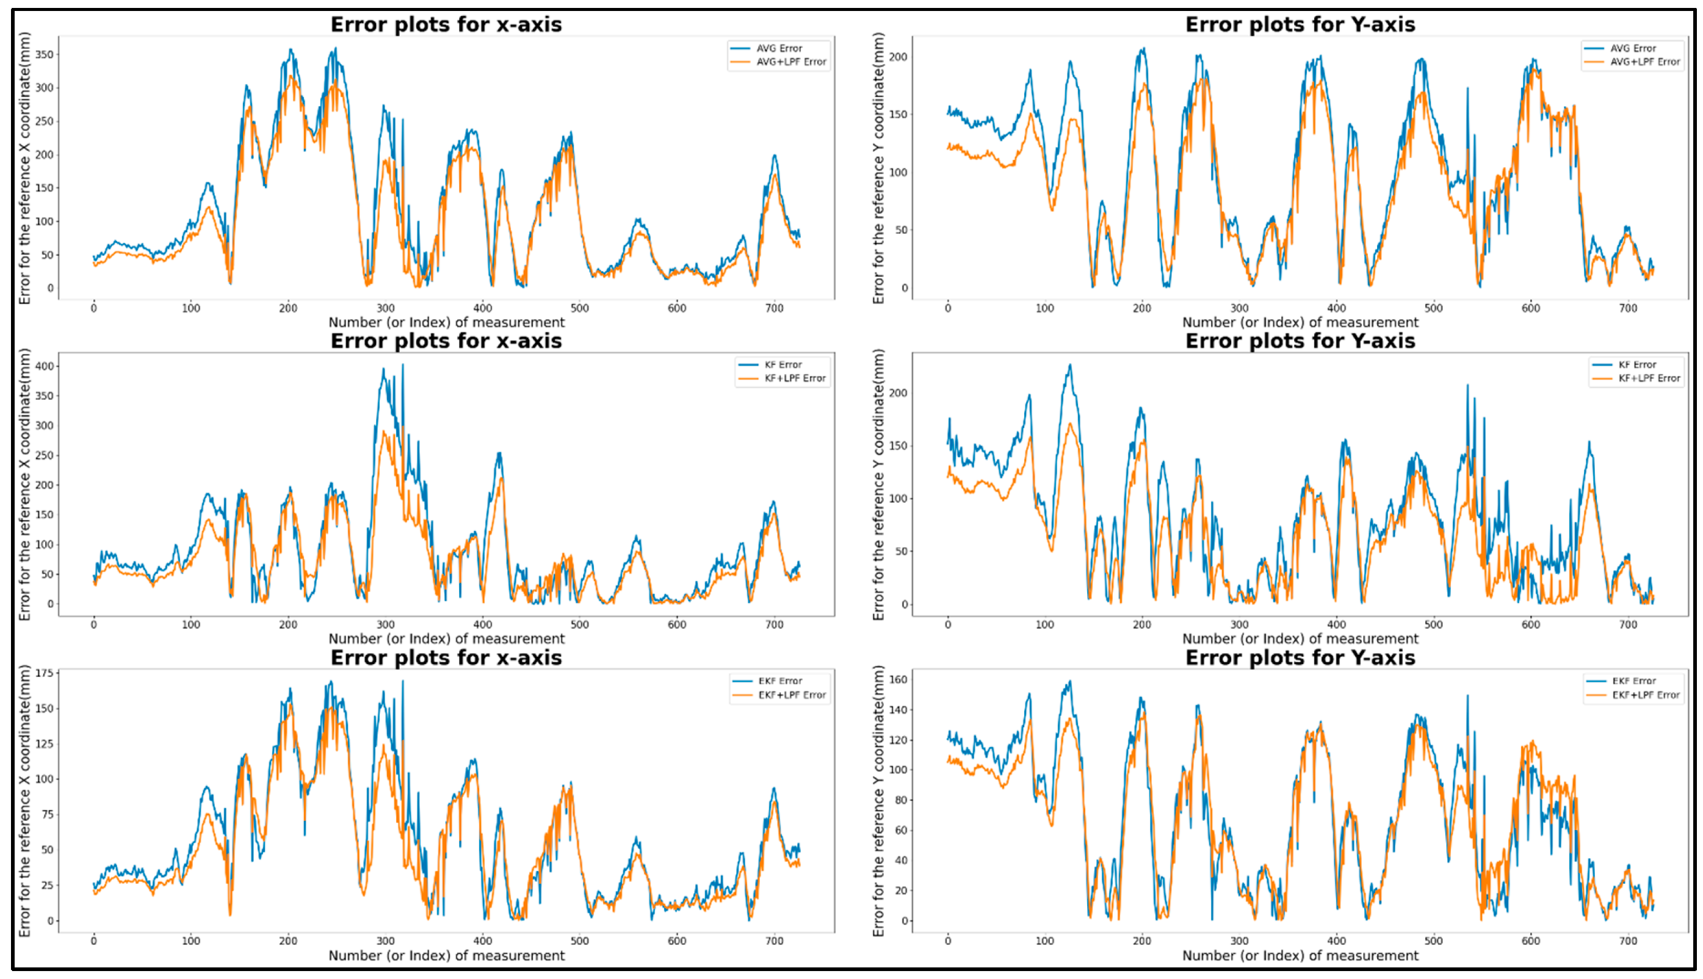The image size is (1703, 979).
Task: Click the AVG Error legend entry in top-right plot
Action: (x=1632, y=48)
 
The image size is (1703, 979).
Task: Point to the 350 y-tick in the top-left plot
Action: (x=45, y=54)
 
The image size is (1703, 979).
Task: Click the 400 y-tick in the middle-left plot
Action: (x=45, y=366)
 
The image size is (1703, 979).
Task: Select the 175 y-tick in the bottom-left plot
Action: (x=45, y=673)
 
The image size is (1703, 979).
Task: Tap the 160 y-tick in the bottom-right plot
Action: (x=899, y=679)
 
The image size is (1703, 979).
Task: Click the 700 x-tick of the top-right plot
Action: (x=1628, y=308)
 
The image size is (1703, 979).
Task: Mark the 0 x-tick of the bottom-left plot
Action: (x=93, y=941)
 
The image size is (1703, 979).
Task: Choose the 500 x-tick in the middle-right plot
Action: (x=1433, y=624)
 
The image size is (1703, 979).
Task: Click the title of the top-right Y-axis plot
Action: (x=1300, y=24)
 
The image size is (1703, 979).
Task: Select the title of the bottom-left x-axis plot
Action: (x=446, y=657)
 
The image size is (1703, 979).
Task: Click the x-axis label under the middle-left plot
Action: (x=446, y=638)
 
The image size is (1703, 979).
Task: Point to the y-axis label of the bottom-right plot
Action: (x=878, y=800)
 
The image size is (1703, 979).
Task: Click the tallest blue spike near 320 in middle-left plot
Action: (x=403, y=365)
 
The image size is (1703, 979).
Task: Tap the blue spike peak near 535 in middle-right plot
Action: (x=1467, y=385)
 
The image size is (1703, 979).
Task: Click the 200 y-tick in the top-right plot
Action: (x=899, y=57)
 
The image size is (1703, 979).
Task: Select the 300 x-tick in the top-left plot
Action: (x=385, y=308)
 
